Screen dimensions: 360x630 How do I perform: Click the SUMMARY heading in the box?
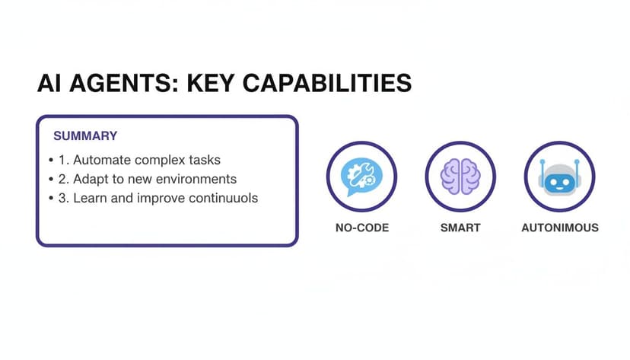pyautogui.click(x=85, y=136)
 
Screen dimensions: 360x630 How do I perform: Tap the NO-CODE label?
pyautogui.click(x=361, y=228)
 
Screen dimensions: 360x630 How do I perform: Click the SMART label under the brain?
pyautogui.click(x=460, y=228)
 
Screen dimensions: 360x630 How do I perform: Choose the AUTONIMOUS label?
pyautogui.click(x=559, y=228)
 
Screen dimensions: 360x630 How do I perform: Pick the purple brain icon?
pyautogui.click(x=460, y=177)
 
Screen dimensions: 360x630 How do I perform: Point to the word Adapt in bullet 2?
pyautogui.click(x=91, y=180)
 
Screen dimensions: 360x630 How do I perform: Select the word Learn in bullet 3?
pyautogui.click(x=90, y=198)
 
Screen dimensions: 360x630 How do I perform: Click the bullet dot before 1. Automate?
pyautogui.click(x=50, y=161)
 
